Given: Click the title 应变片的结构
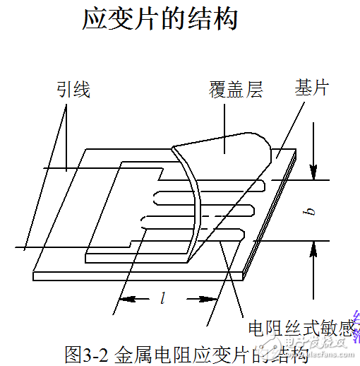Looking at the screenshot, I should pos(160,19).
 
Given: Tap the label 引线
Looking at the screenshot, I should pos(73,90).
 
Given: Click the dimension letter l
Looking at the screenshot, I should pos(163,298).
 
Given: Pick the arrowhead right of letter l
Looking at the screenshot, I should pos(211,299).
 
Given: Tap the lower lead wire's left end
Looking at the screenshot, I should pos(18,247).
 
